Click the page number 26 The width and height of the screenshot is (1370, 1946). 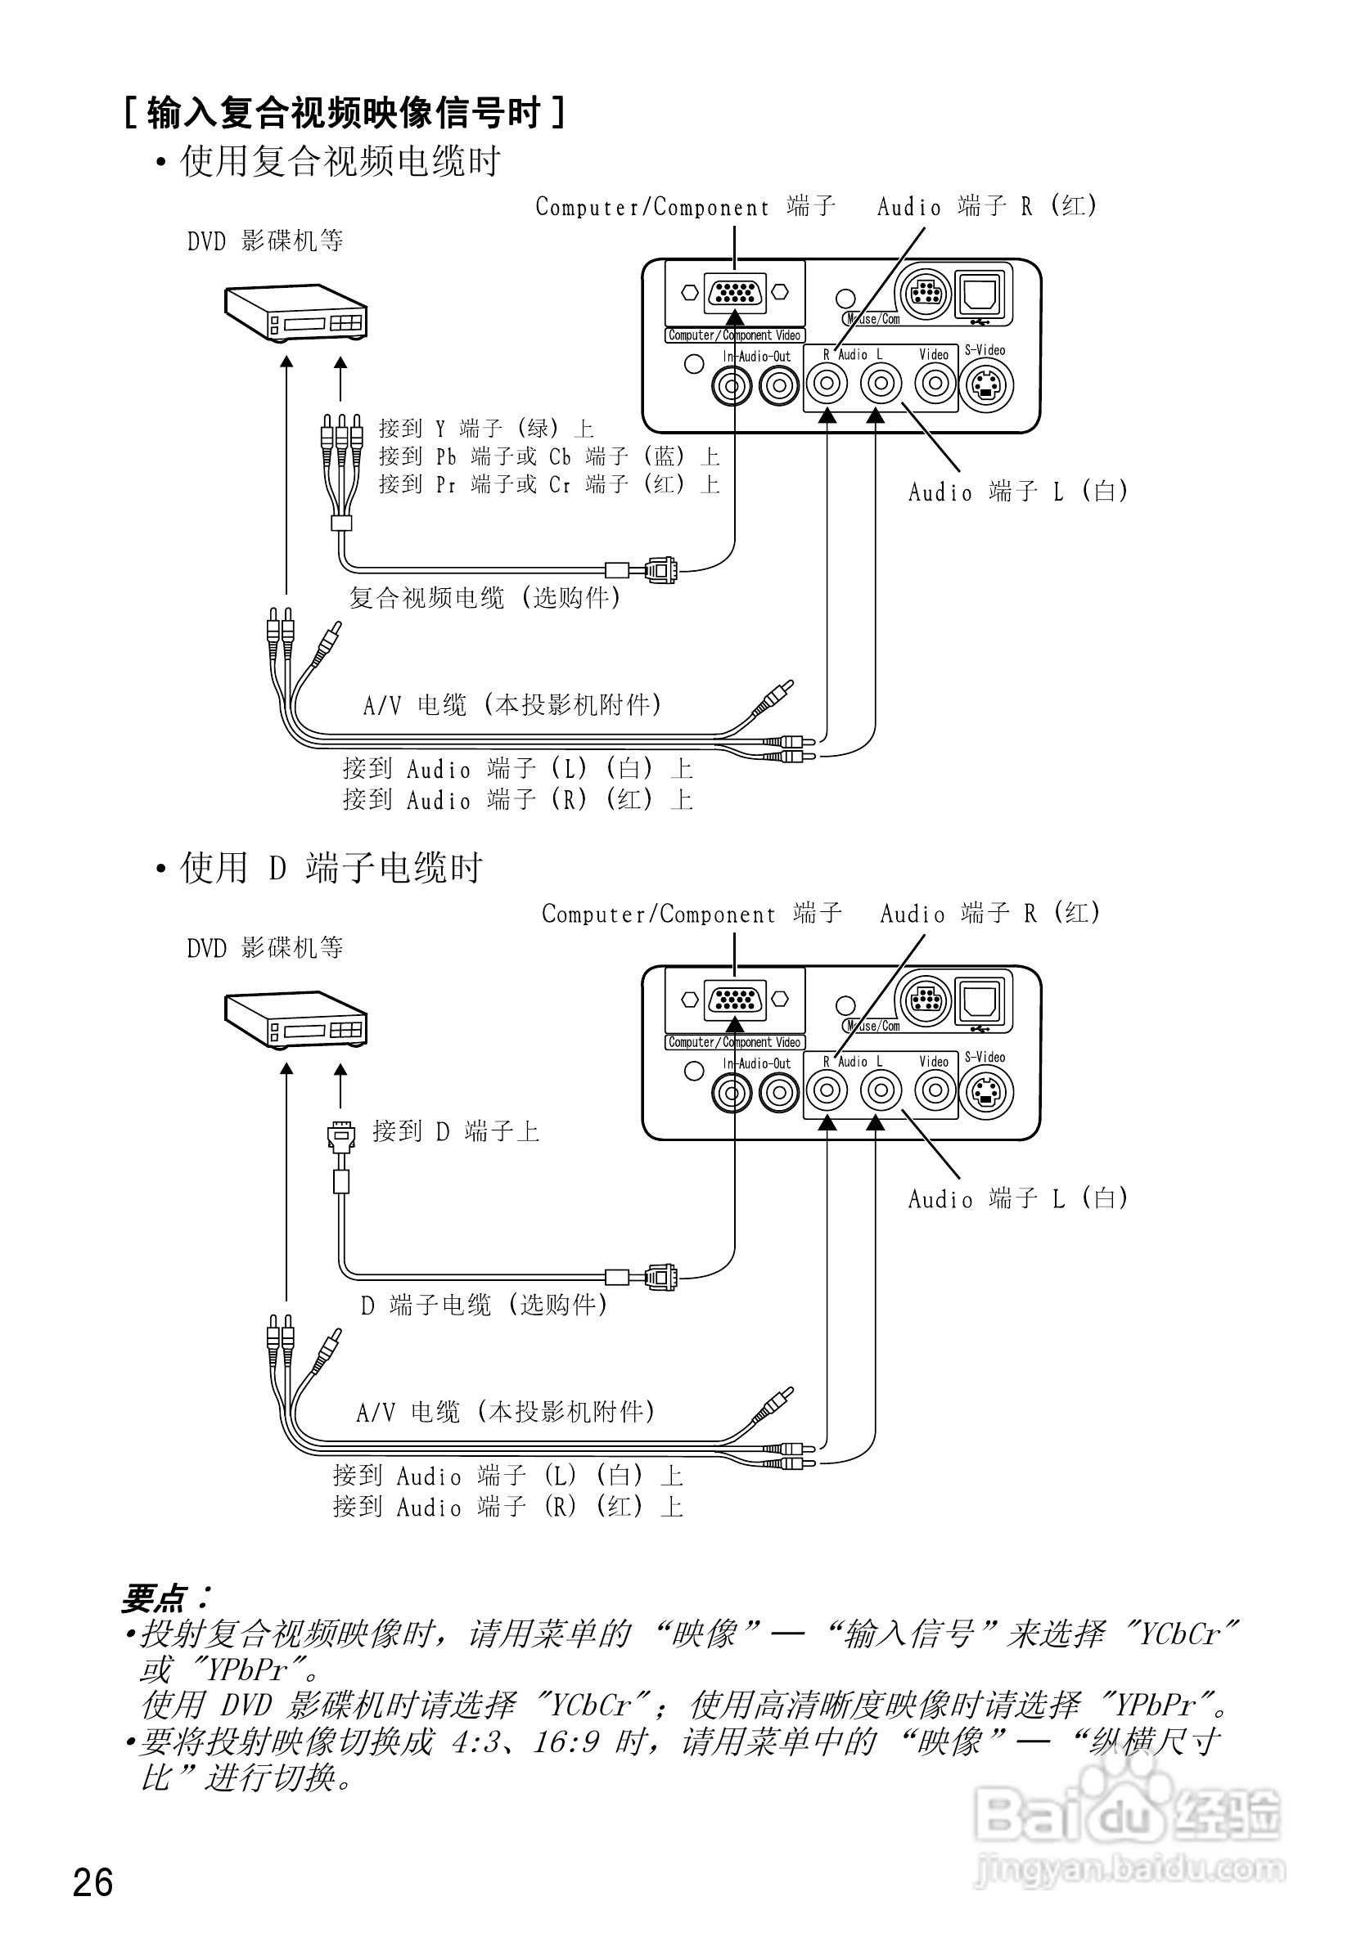point(93,1882)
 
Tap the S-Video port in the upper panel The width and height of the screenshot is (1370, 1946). point(986,386)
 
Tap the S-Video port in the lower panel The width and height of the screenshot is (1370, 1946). point(986,1094)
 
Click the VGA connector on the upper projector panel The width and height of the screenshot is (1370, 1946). point(735,292)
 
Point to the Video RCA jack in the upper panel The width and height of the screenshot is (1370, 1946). point(935,384)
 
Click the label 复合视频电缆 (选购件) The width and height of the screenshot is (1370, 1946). point(485,597)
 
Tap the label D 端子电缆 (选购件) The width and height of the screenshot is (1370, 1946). point(485,1305)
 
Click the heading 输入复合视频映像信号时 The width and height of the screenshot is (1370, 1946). point(345,113)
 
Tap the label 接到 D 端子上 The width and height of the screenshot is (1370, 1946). point(456,1131)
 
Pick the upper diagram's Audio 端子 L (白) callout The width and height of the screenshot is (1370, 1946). point(1018,492)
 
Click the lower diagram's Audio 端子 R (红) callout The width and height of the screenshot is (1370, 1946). point(990,914)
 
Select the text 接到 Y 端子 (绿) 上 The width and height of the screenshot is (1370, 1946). point(486,428)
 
